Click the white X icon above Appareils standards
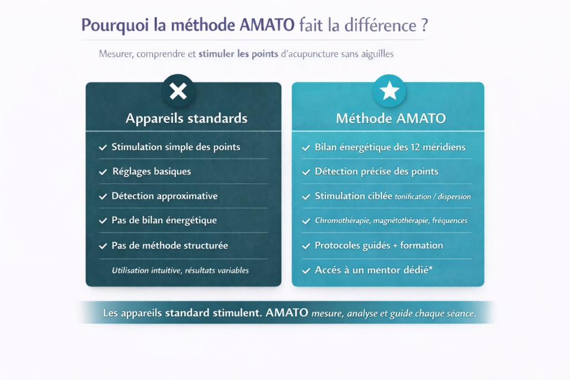[x=178, y=91]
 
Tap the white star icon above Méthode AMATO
[x=389, y=91]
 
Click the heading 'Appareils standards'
[x=186, y=119]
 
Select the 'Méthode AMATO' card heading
[x=391, y=119]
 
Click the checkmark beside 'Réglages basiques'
[x=103, y=172]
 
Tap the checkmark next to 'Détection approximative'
[x=103, y=196]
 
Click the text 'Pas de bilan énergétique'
[x=164, y=220]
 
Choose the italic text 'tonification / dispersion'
[x=433, y=196]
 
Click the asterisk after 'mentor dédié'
[x=431, y=268]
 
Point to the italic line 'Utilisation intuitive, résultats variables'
[x=180, y=270]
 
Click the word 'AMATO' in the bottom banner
[x=287, y=313]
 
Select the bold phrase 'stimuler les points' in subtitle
[x=238, y=54]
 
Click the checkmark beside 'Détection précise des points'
[x=306, y=172]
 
